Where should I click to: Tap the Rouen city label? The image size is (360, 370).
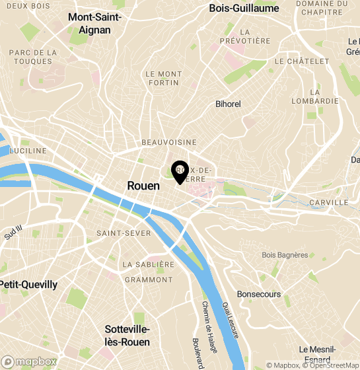click(x=143, y=186)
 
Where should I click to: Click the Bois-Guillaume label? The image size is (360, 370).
click(x=244, y=9)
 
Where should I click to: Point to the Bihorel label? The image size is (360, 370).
click(x=229, y=104)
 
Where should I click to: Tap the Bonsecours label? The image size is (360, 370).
click(x=258, y=294)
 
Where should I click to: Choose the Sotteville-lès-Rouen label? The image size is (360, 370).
click(x=127, y=336)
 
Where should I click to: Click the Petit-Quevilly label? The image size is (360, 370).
click(x=28, y=285)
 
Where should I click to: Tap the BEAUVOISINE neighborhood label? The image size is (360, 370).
click(x=169, y=142)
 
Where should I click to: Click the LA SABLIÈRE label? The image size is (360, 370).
click(x=148, y=264)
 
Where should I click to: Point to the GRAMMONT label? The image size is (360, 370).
click(x=148, y=279)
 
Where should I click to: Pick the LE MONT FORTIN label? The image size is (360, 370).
click(x=163, y=79)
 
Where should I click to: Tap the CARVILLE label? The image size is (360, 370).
click(x=328, y=202)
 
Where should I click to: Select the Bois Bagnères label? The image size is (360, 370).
click(x=285, y=254)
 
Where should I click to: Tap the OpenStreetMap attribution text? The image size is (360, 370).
click(x=331, y=365)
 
